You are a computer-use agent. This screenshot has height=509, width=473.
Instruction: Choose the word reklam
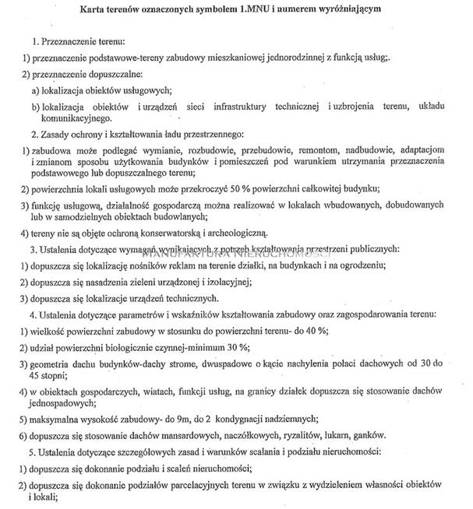coord(166,268)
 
